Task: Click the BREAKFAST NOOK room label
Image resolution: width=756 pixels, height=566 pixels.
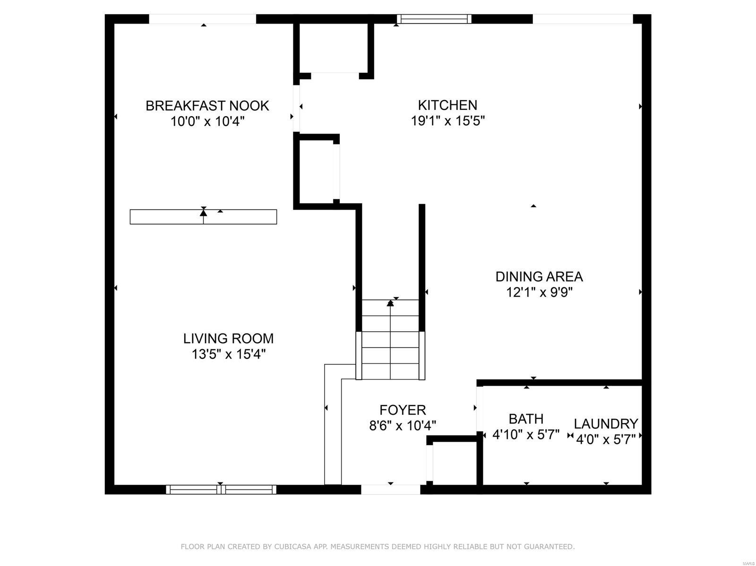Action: pyautogui.click(x=207, y=105)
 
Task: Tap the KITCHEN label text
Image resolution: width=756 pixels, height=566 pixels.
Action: pyautogui.click(x=447, y=105)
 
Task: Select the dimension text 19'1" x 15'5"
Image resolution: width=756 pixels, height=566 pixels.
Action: pyautogui.click(x=448, y=121)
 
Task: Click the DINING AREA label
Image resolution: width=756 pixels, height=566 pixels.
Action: pyautogui.click(x=539, y=276)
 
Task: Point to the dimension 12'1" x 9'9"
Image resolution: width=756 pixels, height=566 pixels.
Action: pyautogui.click(x=539, y=292)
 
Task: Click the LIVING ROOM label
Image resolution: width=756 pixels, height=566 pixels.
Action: pyautogui.click(x=228, y=338)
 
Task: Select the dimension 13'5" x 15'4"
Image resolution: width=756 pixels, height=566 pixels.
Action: pyautogui.click(x=229, y=354)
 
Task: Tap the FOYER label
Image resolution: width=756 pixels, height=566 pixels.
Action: pyautogui.click(x=403, y=410)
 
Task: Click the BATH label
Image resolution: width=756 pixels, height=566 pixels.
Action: pyautogui.click(x=526, y=419)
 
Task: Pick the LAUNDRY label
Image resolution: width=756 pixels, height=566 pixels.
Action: pyautogui.click(x=606, y=423)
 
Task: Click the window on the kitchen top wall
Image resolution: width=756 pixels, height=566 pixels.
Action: pyautogui.click(x=434, y=19)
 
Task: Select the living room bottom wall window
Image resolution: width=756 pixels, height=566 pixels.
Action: pyautogui.click(x=221, y=490)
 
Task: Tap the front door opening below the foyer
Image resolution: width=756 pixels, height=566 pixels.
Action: pyautogui.click(x=390, y=490)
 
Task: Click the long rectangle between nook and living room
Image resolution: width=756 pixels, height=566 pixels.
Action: pyautogui.click(x=203, y=217)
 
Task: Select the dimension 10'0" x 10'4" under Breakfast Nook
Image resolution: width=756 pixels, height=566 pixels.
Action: pyautogui.click(x=207, y=121)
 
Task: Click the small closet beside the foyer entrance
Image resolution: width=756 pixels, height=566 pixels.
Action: pyautogui.click(x=454, y=463)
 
